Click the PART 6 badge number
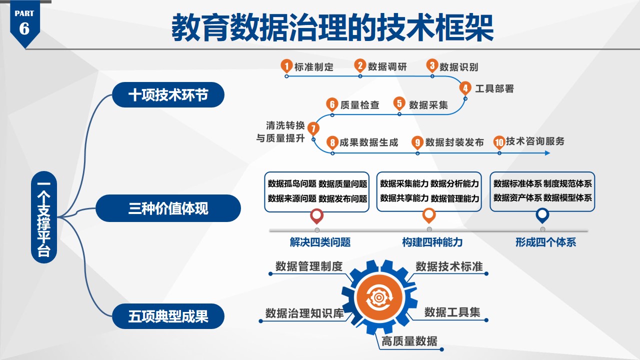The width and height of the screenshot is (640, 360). (x=24, y=28)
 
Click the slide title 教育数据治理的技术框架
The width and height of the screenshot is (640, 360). (x=332, y=28)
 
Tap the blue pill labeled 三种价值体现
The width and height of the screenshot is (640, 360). (x=168, y=208)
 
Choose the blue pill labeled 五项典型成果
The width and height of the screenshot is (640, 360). (x=168, y=316)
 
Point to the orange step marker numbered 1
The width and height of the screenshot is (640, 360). (x=286, y=65)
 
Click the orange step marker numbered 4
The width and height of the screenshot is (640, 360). (x=465, y=88)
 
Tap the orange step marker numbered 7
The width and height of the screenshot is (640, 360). (x=313, y=128)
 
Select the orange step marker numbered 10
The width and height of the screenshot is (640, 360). (x=499, y=142)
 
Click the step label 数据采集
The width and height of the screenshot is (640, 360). (x=428, y=105)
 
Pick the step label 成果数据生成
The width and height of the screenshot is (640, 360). (x=369, y=142)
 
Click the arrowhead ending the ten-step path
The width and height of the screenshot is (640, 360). (x=547, y=153)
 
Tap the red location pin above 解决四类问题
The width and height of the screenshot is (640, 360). (x=316, y=215)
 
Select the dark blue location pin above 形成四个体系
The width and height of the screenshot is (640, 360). (x=542, y=215)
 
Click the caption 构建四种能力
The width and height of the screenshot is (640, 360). (x=432, y=242)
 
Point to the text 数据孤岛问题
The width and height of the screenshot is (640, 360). (x=292, y=184)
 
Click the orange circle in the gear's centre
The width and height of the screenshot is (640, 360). (x=379, y=297)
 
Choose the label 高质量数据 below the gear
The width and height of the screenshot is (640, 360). (x=409, y=341)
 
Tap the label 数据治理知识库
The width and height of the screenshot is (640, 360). (x=304, y=313)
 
